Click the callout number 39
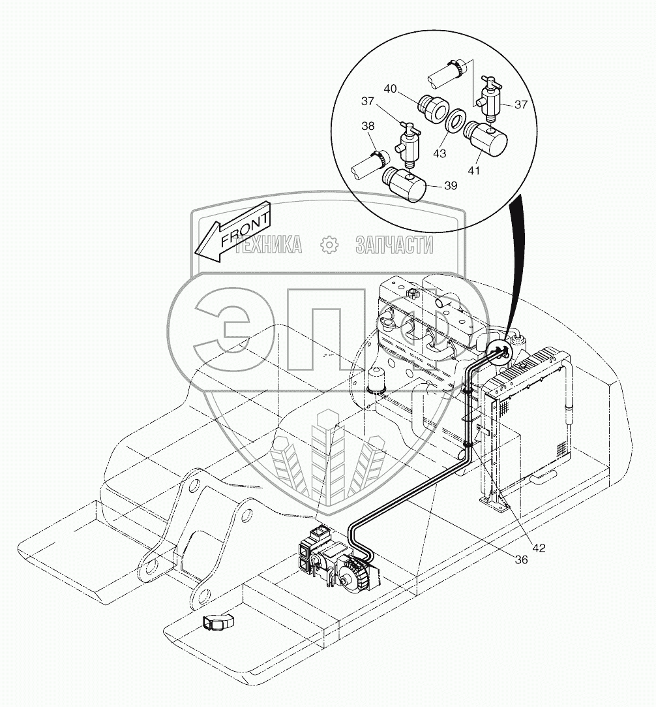pyautogui.click(x=449, y=185)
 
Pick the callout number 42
pyautogui.click(x=537, y=547)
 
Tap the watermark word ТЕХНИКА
pyautogui.click(x=269, y=245)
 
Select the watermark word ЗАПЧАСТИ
pyautogui.click(x=394, y=245)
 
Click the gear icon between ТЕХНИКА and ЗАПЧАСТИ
pyautogui.click(x=329, y=245)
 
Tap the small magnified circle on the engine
pyautogui.click(x=501, y=353)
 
